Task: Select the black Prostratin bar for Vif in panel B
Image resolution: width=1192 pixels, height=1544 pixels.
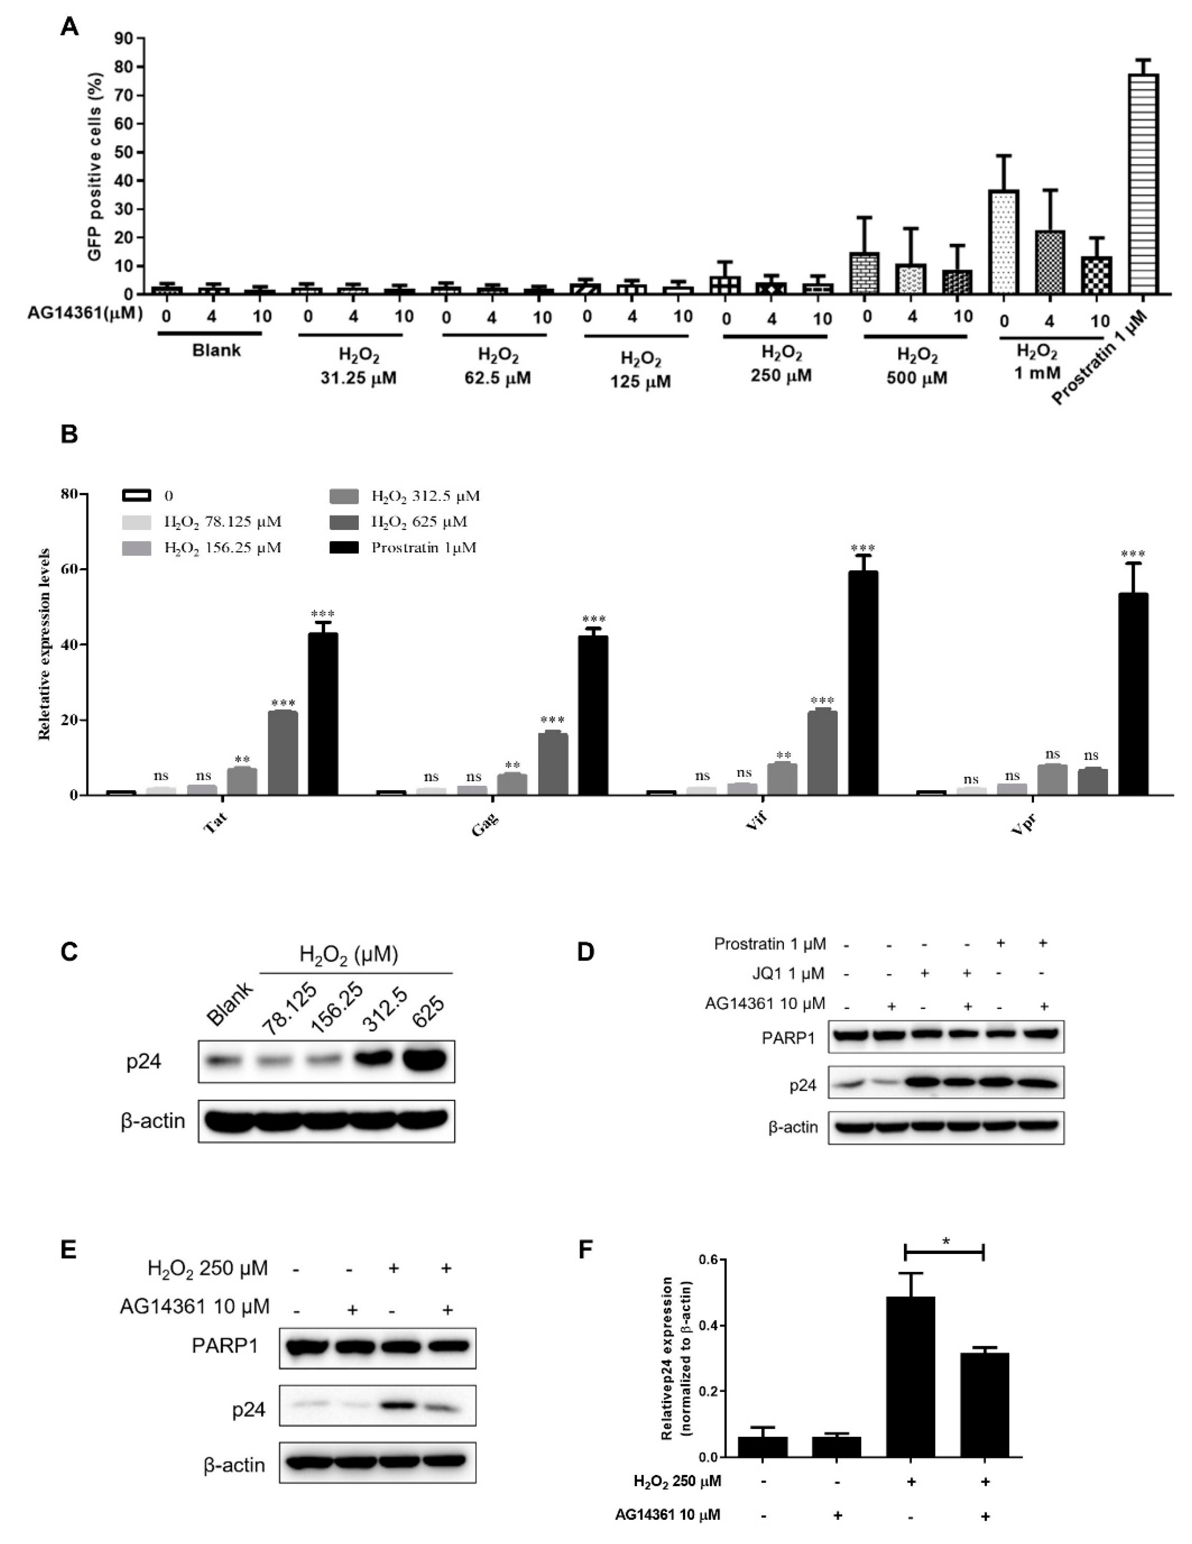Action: click(x=862, y=682)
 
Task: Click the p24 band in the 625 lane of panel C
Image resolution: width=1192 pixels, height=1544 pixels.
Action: click(x=424, y=1061)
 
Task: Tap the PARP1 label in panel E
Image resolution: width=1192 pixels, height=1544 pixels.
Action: click(x=225, y=1345)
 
